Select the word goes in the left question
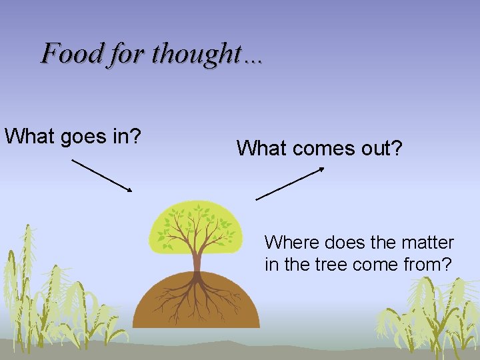click(82, 136)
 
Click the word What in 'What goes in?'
click(30, 136)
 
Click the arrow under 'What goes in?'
click(102, 175)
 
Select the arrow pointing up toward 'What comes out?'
click(290, 183)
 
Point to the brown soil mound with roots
click(160, 303)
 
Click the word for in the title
click(126, 53)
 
